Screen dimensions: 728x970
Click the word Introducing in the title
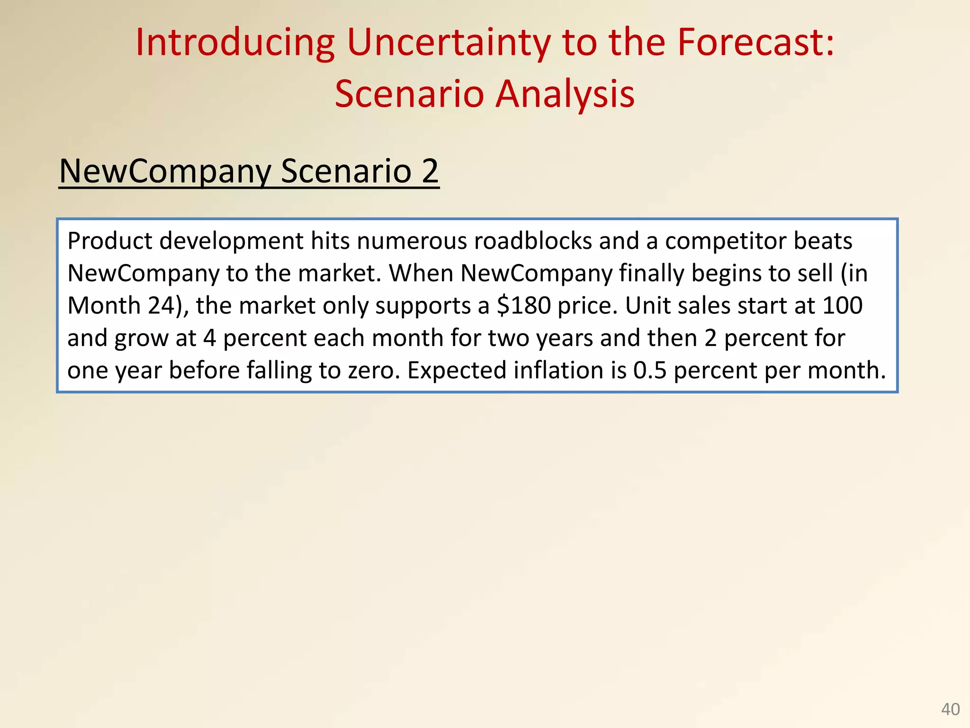[235, 43]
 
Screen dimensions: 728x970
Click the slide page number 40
[950, 709]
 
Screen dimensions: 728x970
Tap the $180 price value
[523, 305]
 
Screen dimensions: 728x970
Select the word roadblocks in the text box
[533, 241]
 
